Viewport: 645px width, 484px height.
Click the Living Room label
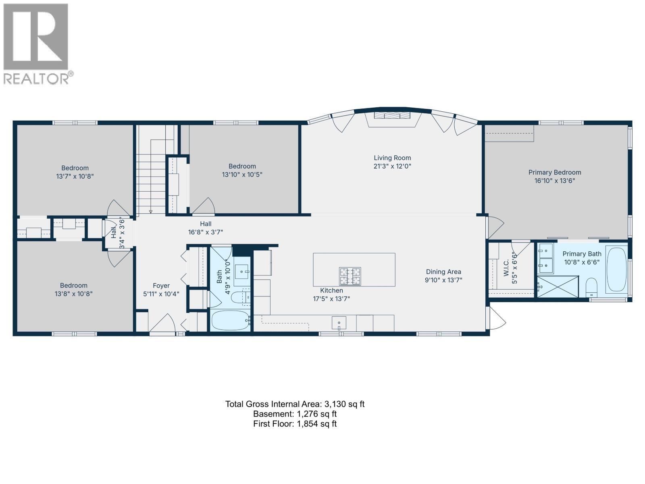[x=392, y=158]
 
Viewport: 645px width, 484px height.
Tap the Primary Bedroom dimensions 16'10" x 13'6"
[x=554, y=181]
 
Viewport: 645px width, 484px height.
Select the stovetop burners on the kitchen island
[x=350, y=276]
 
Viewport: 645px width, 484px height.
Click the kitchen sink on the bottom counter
[x=339, y=322]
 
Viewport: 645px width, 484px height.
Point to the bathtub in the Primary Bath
[x=616, y=269]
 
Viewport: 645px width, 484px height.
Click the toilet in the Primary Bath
[x=591, y=287]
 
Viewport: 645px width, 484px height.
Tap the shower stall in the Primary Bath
[x=558, y=286]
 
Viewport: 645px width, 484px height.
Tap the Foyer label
[x=161, y=286]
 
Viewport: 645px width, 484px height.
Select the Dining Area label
[x=443, y=272]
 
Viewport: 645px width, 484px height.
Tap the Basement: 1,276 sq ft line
[x=295, y=414]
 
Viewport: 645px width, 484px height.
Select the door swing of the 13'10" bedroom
[x=205, y=207]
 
